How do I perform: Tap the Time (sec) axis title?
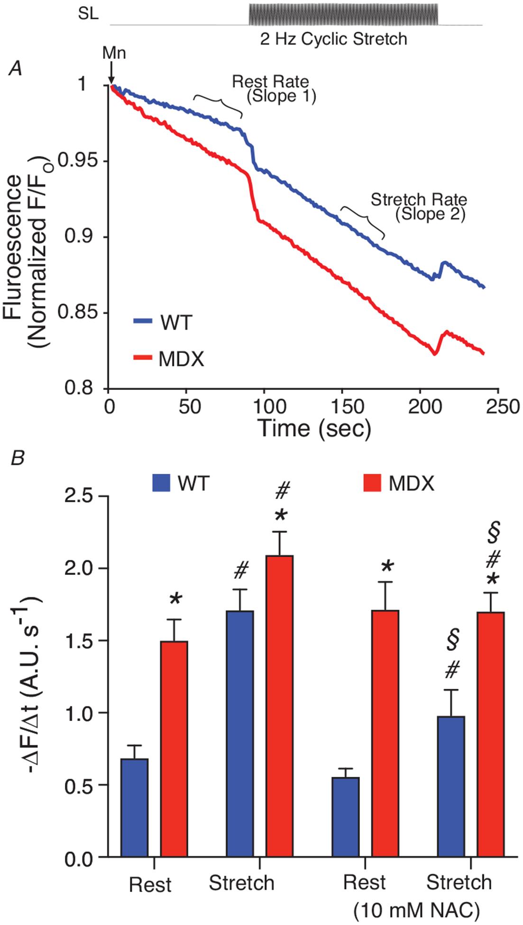click(314, 428)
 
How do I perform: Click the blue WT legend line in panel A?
click(142, 321)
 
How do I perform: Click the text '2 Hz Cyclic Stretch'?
click(333, 38)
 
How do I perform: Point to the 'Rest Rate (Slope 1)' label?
click(274, 89)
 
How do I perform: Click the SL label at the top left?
click(89, 14)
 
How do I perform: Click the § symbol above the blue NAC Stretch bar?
click(452, 641)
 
